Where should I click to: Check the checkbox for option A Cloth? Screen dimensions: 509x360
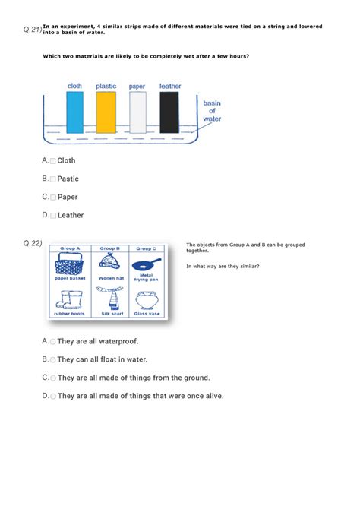(53, 161)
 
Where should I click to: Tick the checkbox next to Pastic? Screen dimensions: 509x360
(53, 179)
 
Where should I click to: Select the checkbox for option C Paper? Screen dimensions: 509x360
(53, 198)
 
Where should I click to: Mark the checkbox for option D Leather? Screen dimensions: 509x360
(53, 216)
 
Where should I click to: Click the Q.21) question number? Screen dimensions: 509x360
(32, 30)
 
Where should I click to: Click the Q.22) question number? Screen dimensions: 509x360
(32, 243)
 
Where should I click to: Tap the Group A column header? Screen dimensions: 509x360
(71, 248)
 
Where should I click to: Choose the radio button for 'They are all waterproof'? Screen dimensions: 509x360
(53, 342)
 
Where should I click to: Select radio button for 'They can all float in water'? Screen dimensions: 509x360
(53, 360)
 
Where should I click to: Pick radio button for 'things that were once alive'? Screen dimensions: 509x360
(53, 396)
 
